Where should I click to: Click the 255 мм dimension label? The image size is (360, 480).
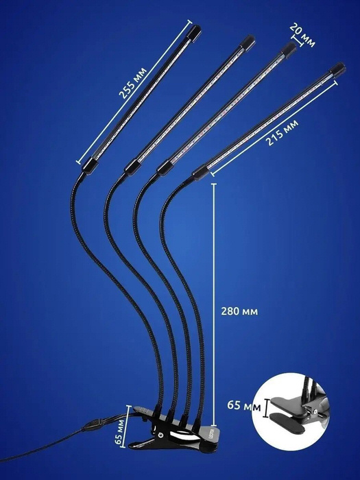tap(133, 83)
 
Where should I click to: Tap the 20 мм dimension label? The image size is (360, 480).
tap(302, 35)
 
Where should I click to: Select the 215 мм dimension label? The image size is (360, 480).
tap(282, 132)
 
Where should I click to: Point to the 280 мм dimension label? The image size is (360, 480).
tap(239, 311)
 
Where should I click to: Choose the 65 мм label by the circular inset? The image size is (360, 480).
tap(244, 405)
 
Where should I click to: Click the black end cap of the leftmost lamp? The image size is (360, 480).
tap(194, 32)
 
